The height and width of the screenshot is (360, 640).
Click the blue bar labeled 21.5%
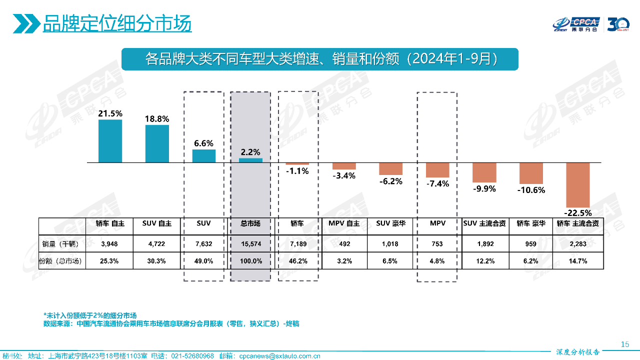110,141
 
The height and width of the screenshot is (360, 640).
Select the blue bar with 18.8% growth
157,143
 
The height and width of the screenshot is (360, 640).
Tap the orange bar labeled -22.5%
577,184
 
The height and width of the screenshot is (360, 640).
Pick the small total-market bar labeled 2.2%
250,160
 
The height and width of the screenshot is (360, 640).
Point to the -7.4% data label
437,183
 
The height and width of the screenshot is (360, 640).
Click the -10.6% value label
531,190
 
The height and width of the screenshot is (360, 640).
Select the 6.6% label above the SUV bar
204,143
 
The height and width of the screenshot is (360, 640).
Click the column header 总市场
250,223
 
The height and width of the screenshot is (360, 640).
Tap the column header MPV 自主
344,223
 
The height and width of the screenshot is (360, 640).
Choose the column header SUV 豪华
391,223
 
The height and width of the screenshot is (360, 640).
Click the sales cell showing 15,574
250,244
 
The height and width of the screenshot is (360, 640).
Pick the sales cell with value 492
344,244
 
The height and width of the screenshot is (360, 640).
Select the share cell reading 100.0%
250,261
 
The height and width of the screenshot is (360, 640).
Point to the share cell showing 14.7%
577,261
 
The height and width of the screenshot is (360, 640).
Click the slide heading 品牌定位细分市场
117,23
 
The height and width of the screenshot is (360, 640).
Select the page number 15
624,344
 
